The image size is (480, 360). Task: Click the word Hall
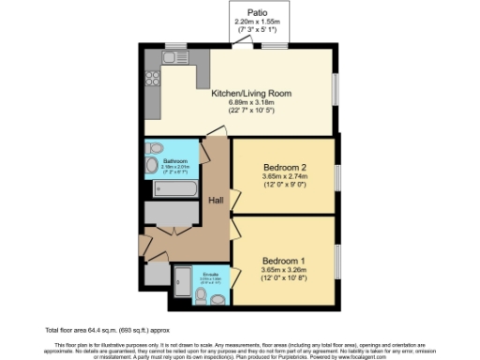tap(215, 202)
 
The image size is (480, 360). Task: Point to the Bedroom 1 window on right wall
tap(337, 261)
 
